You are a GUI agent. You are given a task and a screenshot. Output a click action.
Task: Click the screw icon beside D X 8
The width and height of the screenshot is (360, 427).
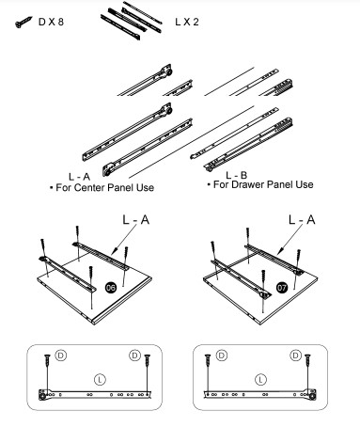point(23,22)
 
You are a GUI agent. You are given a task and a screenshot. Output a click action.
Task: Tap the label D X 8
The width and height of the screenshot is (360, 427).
point(51,22)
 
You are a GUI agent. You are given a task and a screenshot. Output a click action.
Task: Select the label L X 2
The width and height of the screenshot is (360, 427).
point(187,22)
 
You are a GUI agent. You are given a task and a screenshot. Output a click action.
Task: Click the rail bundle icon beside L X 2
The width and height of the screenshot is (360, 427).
point(132,20)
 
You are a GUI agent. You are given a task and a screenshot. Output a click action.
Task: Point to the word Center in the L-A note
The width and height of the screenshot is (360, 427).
point(88,188)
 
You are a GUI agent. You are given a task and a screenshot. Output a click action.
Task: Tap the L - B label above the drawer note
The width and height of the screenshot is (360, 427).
point(237,175)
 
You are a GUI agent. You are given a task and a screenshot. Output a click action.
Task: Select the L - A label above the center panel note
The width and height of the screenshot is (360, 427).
point(79,177)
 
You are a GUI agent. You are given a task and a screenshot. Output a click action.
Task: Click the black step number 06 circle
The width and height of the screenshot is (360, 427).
point(111,287)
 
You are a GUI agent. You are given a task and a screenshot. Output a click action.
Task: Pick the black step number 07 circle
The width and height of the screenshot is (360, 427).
point(282,288)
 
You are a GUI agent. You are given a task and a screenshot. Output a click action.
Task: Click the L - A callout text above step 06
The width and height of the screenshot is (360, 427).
point(136,220)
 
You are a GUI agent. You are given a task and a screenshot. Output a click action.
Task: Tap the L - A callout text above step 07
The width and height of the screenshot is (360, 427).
point(302,220)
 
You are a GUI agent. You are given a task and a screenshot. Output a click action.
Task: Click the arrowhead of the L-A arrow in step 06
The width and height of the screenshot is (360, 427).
point(114,251)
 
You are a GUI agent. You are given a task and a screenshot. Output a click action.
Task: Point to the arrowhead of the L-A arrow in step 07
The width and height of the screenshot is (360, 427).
point(279,251)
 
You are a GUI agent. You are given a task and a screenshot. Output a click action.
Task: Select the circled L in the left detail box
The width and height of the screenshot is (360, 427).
point(100,380)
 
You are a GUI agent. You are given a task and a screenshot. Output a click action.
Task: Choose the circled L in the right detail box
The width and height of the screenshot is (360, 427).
point(260,380)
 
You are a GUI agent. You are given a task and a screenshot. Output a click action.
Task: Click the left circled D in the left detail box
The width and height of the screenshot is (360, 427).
point(61,356)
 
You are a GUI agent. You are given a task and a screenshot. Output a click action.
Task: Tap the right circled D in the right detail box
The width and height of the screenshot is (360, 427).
point(295,356)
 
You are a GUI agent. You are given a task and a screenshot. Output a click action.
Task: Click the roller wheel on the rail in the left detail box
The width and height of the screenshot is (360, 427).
point(42,396)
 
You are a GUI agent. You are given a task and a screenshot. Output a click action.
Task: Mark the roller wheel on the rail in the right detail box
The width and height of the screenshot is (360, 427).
point(312,396)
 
